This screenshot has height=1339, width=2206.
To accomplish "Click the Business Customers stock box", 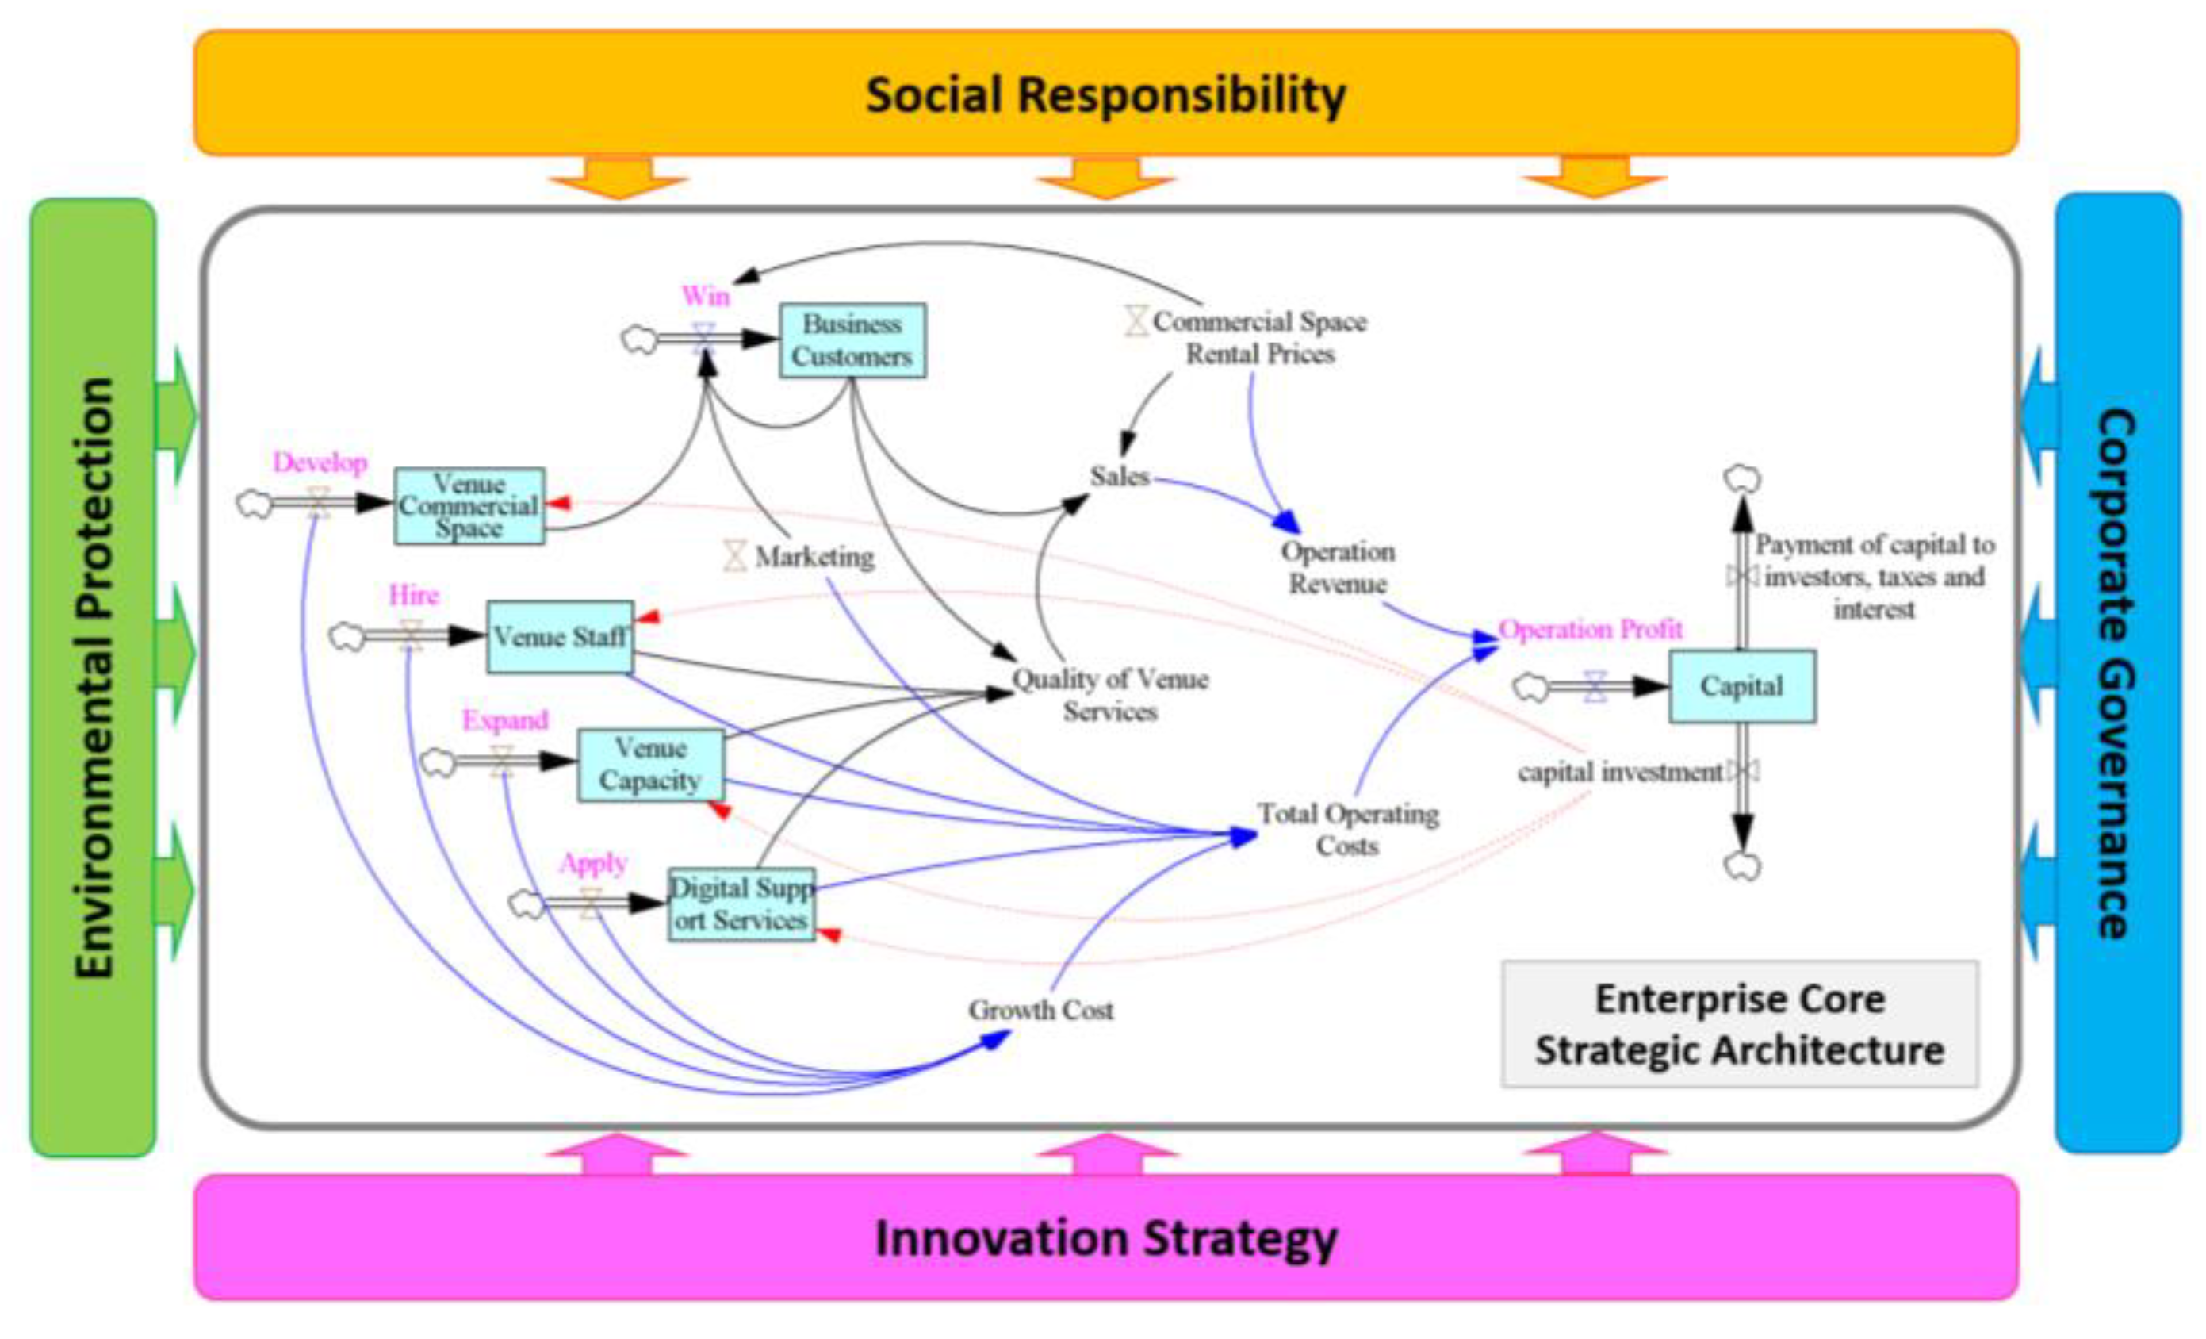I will [852, 340].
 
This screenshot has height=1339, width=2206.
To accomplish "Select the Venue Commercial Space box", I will [469, 506].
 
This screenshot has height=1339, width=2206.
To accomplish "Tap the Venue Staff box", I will [560, 637].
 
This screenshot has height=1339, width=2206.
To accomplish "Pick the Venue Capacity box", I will [651, 765].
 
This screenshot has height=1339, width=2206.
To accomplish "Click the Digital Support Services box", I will [741, 904].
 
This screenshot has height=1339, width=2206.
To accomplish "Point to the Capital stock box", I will [1741, 686].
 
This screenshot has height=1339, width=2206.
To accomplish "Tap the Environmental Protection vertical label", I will [95, 677].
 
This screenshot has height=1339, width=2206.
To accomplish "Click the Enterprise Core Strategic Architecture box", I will [1740, 1025].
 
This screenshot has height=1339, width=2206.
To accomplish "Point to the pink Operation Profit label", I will [1590, 629].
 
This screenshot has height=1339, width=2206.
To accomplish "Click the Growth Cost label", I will [1040, 1011].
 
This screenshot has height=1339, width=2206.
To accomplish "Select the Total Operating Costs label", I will [1348, 830].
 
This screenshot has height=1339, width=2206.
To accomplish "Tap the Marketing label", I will [814, 557].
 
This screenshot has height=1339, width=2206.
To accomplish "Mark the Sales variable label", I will [1119, 477].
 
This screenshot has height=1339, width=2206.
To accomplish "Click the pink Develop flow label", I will [320, 462].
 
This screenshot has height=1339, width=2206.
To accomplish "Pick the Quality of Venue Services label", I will [1110, 695].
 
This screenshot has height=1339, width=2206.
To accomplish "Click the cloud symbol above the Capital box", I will [1742, 479].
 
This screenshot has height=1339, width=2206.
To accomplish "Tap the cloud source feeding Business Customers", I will [639, 340].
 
